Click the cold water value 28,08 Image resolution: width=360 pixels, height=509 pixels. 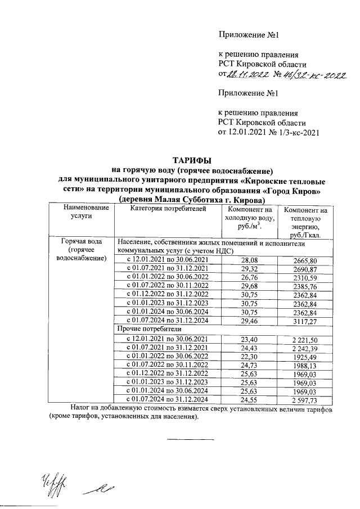[249, 260]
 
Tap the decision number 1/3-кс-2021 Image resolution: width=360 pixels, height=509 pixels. [295, 133]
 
